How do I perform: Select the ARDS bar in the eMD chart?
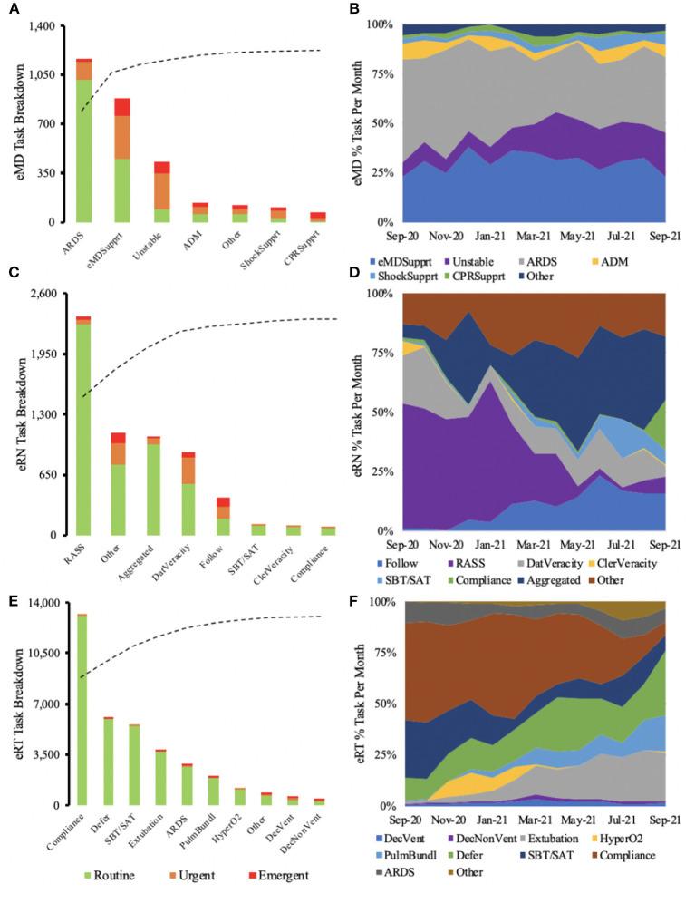click(83, 145)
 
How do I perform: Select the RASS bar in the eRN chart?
click(83, 426)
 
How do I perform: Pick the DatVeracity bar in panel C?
click(188, 494)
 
